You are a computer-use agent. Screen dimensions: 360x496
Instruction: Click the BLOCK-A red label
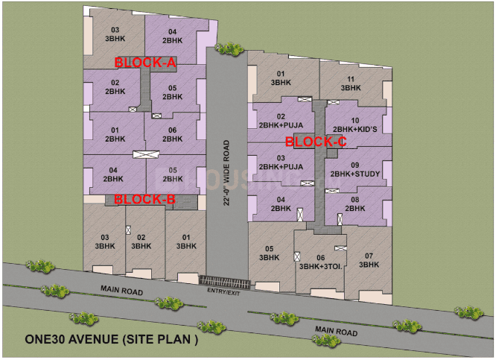pos(144,63)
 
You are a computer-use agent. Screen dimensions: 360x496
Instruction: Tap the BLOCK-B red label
pos(144,200)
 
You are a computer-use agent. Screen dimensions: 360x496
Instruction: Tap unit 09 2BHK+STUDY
pos(355,169)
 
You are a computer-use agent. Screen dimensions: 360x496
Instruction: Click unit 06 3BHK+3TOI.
pos(320,262)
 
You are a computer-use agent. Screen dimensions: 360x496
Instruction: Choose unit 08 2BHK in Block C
pos(355,204)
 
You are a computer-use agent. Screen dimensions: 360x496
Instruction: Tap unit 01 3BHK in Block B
pos(183,241)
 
